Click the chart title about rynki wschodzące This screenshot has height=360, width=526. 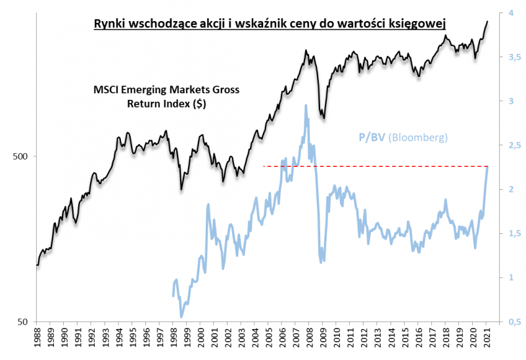pyautogui.click(x=268, y=24)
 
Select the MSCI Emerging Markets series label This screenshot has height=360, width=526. pyautogui.click(x=166, y=97)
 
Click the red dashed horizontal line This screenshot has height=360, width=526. pyautogui.click(x=375, y=166)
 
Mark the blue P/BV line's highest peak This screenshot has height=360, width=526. pyautogui.click(x=306, y=105)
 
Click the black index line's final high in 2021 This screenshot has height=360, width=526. pyautogui.click(x=487, y=21)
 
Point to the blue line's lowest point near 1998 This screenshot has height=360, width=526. pyautogui.click(x=181, y=317)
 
